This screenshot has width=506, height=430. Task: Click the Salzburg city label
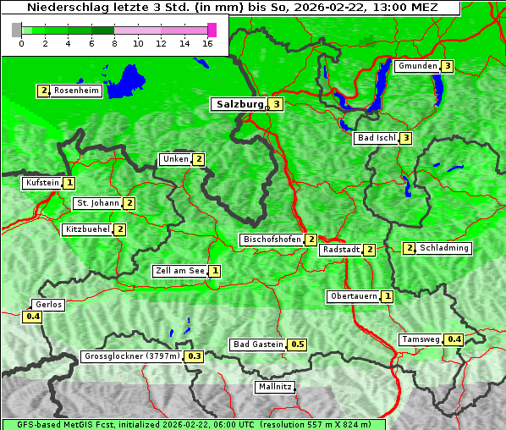coord(237,104)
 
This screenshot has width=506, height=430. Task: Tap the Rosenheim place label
coord(76,91)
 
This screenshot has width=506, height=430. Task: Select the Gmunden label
coord(417,66)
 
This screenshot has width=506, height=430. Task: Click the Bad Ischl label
coord(376,138)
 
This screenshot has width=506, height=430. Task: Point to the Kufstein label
coord(42,183)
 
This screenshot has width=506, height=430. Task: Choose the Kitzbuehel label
coord(87,229)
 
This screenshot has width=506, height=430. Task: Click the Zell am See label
coord(180,271)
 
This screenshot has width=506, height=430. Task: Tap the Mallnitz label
coord(275,387)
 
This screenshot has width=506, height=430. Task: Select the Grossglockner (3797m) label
coord(133,356)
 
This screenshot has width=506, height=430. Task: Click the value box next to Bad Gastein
coord(297,345)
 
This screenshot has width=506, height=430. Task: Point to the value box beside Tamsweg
coord(454,339)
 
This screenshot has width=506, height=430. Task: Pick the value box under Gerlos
coord(32,317)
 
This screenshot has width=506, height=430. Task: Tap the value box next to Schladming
coord(410,248)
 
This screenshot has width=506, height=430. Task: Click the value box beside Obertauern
coord(387,296)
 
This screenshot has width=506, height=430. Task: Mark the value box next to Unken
coord(199,159)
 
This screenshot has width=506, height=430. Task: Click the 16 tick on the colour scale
coord(207,44)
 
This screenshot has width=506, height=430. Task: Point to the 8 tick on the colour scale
coord(114,44)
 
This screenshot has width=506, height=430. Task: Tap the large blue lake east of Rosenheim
coord(127,80)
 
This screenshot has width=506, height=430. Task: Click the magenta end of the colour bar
coord(212,30)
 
